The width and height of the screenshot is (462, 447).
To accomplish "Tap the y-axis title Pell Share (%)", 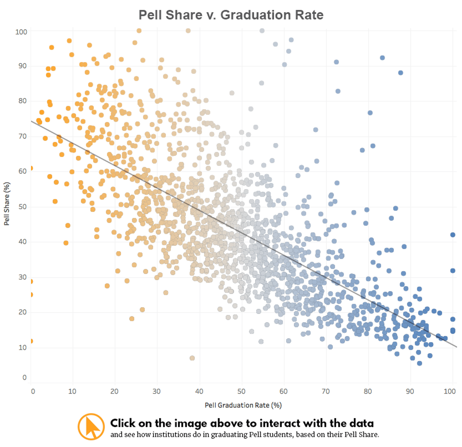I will coord(7,204).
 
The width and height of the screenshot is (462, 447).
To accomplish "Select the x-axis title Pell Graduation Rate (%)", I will coord(243,405).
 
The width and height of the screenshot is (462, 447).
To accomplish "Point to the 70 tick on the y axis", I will coord(22,136).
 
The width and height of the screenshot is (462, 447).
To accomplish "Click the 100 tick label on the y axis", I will coord(21,32).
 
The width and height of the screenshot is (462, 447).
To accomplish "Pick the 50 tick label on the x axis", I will coord(241,391).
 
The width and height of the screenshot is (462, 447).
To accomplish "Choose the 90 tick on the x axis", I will coord(410,391).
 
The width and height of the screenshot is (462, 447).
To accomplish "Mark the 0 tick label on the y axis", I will coord(24,378).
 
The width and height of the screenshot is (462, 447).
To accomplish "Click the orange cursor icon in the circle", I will coord(91,427).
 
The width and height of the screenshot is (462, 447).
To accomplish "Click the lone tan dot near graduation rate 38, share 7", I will coord(192,358).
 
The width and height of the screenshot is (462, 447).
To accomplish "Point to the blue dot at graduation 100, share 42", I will coord(453,235).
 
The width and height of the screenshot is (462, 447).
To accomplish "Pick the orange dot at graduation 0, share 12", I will coord(31,341).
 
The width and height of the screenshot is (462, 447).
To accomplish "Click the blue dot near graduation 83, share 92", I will coord(382,58).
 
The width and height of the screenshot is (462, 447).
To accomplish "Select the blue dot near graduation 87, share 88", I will coord(401,73).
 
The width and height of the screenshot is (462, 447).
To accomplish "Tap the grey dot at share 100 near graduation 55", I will coord(262,31).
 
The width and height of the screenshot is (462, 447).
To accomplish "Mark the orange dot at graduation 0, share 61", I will coord(31,169).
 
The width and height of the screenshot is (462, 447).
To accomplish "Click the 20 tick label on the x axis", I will coord(115,391).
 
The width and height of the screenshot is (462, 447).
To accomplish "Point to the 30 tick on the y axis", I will coord(22,277).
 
